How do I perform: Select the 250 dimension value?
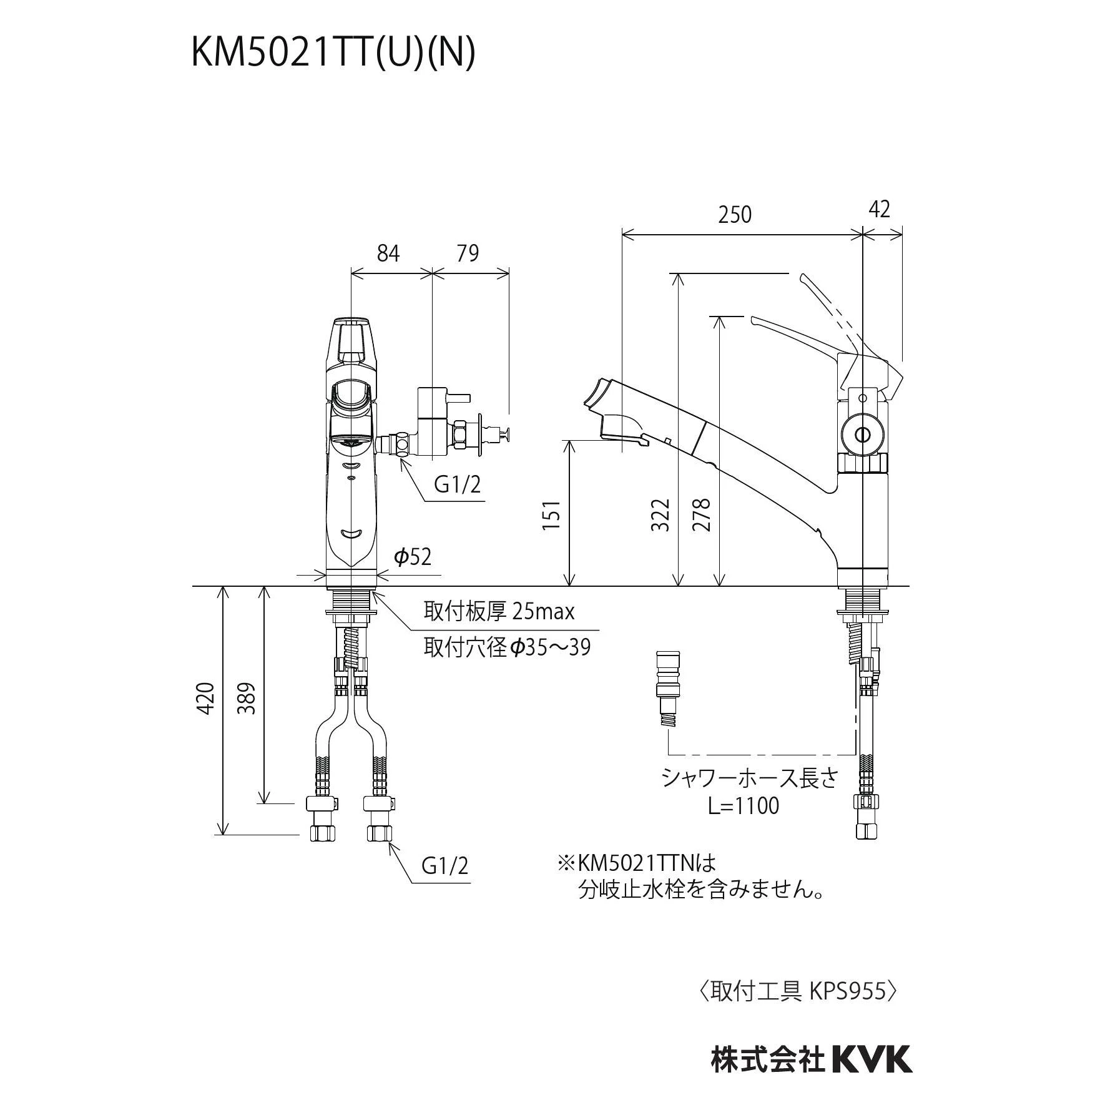pyautogui.click(x=735, y=215)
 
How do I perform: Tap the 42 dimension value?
pyautogui.click(x=879, y=210)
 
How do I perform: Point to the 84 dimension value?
pyautogui.click(x=388, y=253)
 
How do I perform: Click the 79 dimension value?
pyautogui.click(x=467, y=253)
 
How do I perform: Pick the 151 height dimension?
pyautogui.click(x=551, y=514)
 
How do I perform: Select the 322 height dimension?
pyautogui.click(x=660, y=514)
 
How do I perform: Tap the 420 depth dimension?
pyautogui.click(x=207, y=698)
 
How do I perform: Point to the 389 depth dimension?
pyautogui.click(x=249, y=698)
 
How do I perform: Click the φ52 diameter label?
pyautogui.click(x=413, y=556)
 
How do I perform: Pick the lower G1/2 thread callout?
pyautogui.click(x=445, y=866)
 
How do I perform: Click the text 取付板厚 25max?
pyautogui.click(x=499, y=612)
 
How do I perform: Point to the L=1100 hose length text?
pyautogui.click(x=744, y=806)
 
